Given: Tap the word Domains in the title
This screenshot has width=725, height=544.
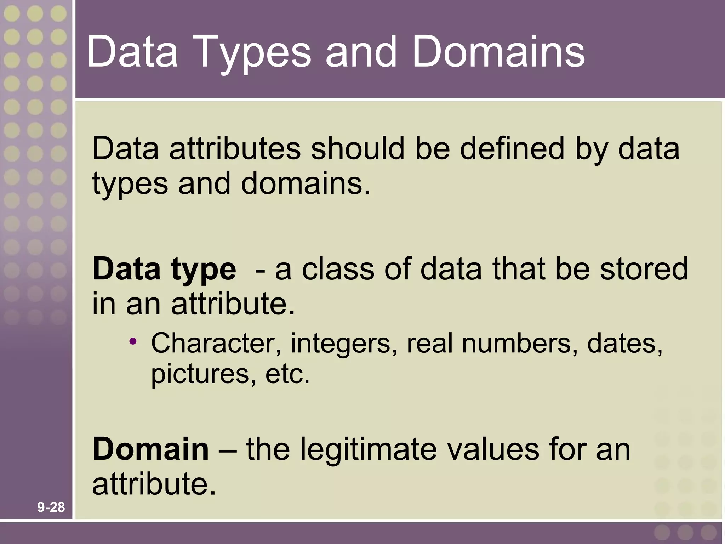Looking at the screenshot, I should tap(498, 52).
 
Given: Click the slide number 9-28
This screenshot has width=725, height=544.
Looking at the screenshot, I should tap(51, 508).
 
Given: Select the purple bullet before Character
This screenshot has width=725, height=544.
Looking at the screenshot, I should tap(133, 342).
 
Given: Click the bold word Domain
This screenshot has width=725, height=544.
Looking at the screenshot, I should tap(150, 449).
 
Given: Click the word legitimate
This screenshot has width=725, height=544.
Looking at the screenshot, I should tap(368, 449).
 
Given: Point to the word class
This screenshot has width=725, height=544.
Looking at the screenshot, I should tap(338, 269).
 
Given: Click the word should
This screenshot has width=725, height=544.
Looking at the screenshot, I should tap(358, 149).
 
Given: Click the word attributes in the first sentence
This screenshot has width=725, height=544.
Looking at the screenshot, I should tap(235, 149).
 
